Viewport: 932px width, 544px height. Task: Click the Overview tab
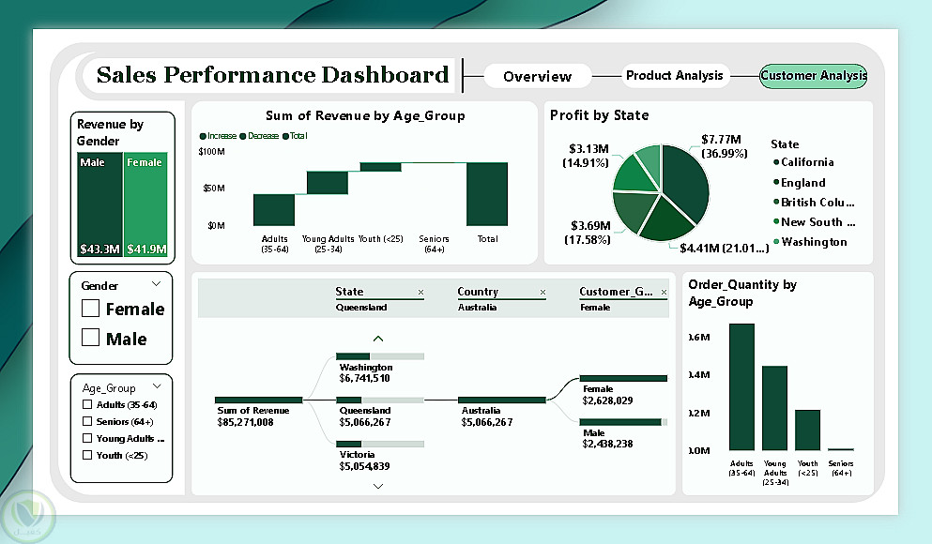[537, 76]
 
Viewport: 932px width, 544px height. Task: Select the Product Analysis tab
[674, 76]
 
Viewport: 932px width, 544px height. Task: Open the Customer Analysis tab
[813, 76]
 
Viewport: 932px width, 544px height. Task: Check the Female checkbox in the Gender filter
[91, 309]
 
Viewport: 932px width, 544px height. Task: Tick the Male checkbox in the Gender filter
[91, 338]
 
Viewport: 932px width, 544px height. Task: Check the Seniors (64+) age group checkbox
[87, 422]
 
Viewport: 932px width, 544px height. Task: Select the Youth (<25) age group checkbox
[87, 456]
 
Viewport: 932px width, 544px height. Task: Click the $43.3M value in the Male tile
[99, 249]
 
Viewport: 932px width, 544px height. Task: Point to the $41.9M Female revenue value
[145, 249]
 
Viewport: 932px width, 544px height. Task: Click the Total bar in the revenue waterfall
[487, 194]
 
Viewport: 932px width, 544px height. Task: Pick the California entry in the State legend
[806, 162]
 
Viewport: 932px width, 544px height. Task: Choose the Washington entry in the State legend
[813, 242]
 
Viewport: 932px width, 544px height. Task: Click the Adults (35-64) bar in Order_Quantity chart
[741, 386]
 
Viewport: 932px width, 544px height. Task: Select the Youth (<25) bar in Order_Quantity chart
[807, 430]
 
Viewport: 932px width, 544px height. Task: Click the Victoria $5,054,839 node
[365, 460]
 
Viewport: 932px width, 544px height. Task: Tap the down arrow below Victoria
[378, 486]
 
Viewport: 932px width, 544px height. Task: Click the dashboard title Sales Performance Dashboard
[272, 75]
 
